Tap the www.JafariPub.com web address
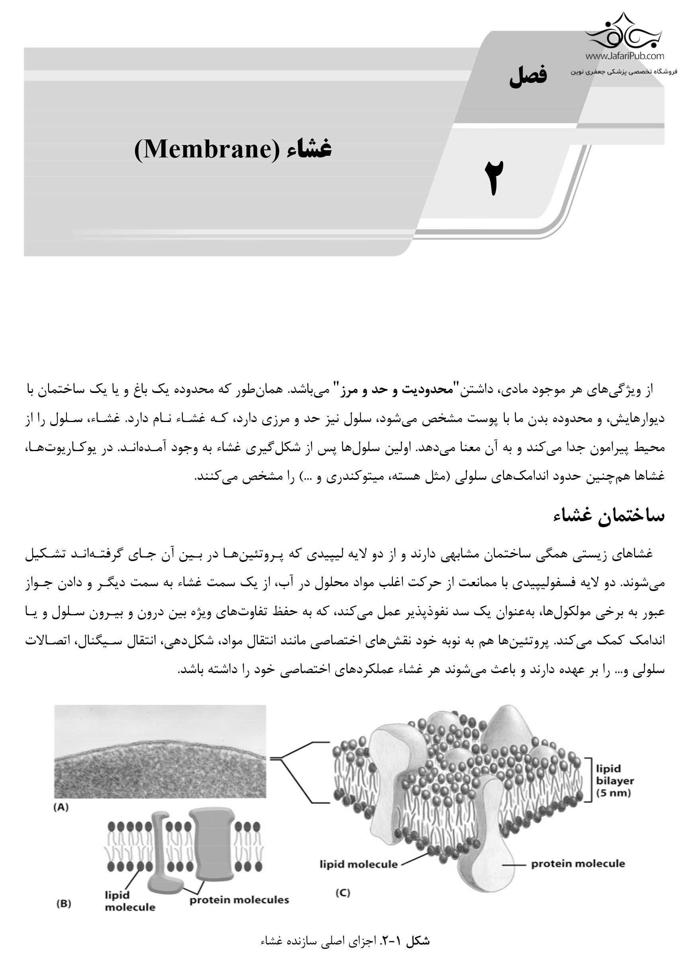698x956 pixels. [x=624, y=56]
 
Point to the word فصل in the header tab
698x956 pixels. [x=528, y=76]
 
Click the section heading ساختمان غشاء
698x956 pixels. [x=609, y=516]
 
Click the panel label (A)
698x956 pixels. [x=61, y=807]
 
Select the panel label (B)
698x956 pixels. [x=63, y=904]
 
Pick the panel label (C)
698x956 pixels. [x=343, y=893]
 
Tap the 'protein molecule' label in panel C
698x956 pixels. [x=578, y=864]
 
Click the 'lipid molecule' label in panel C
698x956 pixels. [x=358, y=864]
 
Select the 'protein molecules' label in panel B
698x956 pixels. [x=239, y=900]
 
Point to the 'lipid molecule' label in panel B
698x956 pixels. [x=129, y=901]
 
